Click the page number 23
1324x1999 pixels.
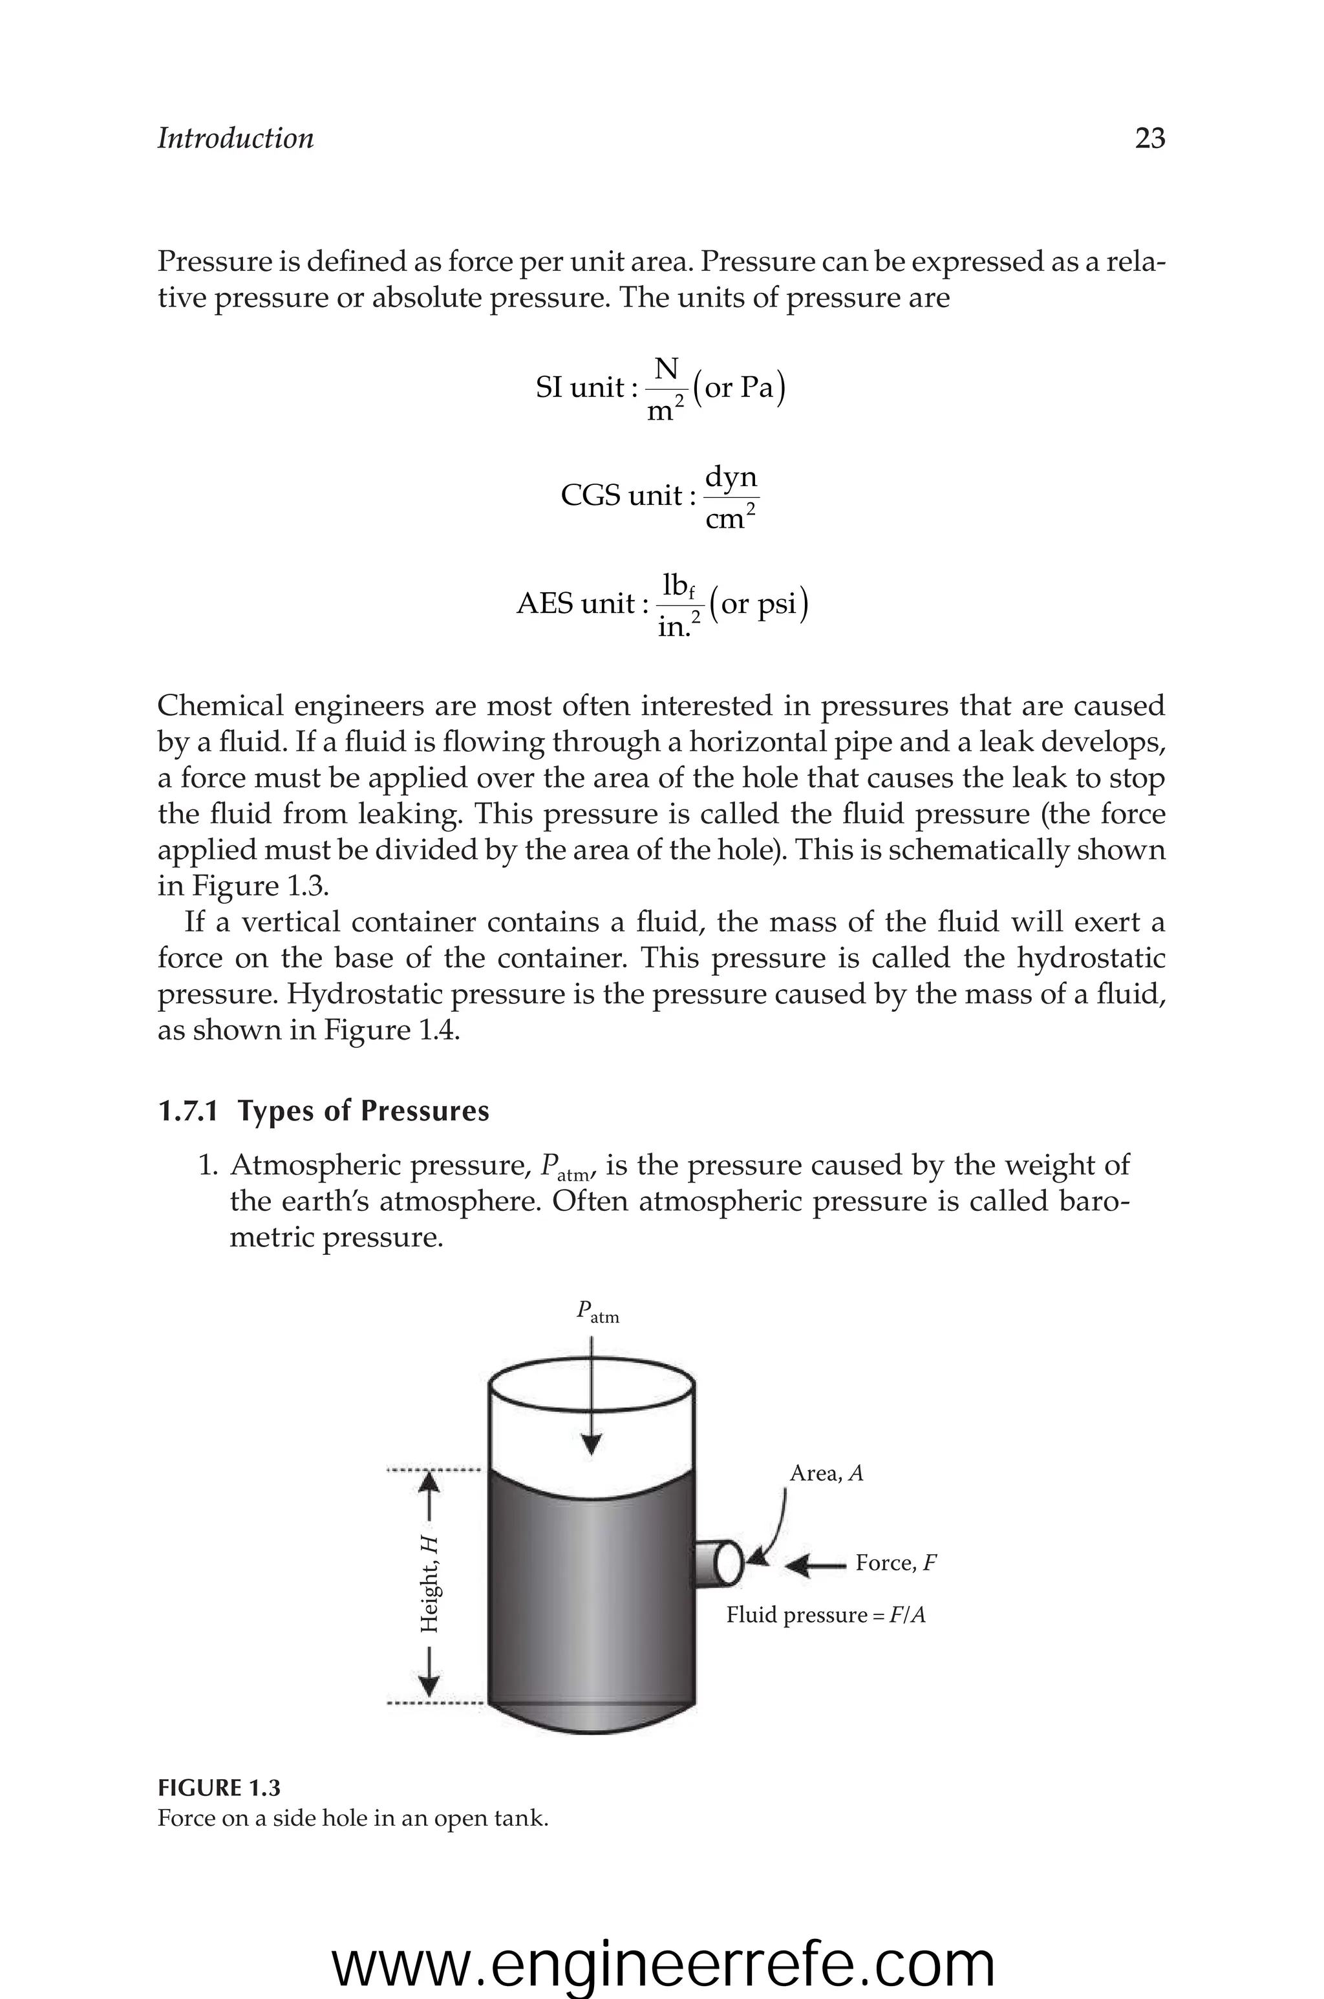pos(1149,138)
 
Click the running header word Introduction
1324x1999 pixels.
pos(235,138)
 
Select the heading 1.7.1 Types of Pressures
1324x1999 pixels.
pos(323,1111)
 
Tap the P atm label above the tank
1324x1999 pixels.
pos(597,1312)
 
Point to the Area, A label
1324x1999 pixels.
pos(826,1474)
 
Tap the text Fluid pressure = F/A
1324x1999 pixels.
pos(826,1616)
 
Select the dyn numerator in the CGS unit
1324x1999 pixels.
pos(731,477)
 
